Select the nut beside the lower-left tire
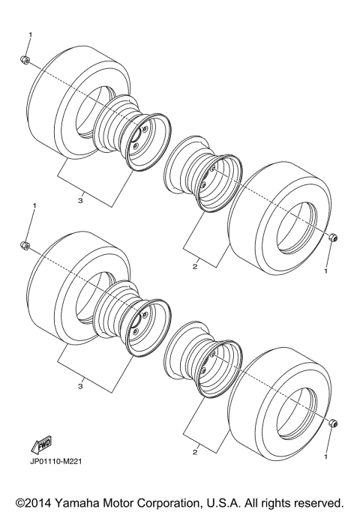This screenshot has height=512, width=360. (x=25, y=245)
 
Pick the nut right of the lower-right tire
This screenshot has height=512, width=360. (x=331, y=424)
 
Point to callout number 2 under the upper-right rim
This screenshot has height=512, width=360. (x=195, y=266)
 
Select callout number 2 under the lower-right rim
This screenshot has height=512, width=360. (x=195, y=452)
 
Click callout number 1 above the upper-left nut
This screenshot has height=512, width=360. (x=31, y=35)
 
